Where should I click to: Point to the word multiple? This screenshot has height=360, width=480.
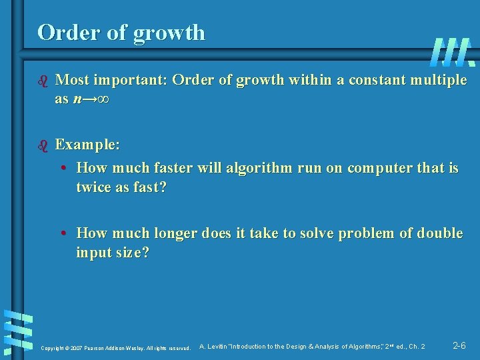[437, 81]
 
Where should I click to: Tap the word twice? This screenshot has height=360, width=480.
[94, 187]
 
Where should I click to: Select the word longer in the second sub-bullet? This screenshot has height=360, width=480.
[179, 233]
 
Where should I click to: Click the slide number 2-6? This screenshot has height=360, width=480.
[459, 345]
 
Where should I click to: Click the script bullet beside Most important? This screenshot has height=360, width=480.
[44, 81]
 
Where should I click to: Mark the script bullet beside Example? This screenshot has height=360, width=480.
[44, 145]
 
